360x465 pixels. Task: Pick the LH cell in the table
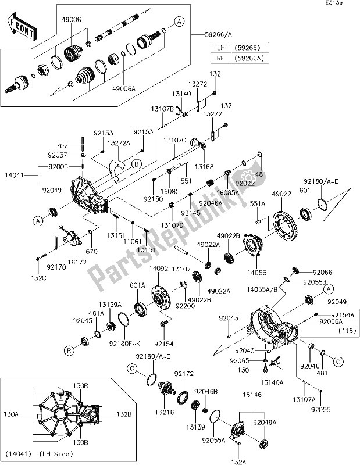tap(220, 48)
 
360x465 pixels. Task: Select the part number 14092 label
tap(159, 269)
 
